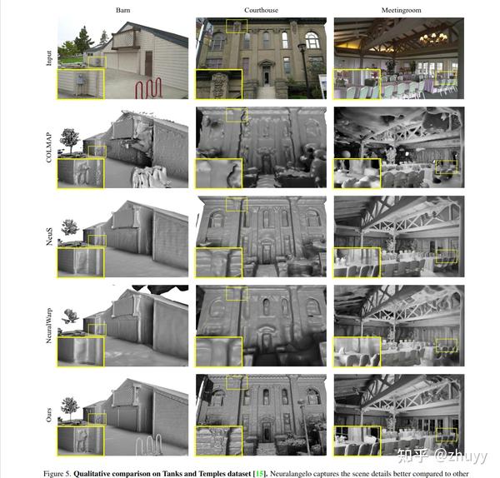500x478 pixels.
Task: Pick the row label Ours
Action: point(49,412)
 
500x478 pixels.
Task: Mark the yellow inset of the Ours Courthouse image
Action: point(218,441)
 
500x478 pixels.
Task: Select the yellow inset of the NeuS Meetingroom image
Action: point(357,261)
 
